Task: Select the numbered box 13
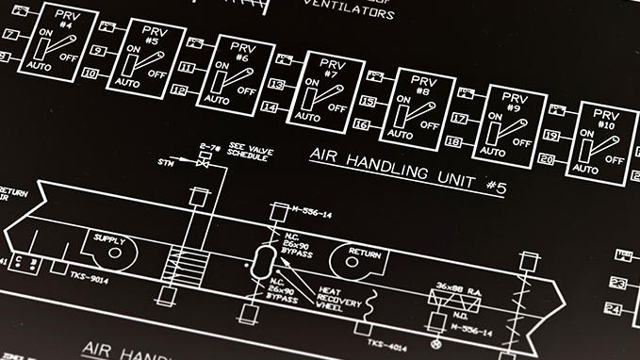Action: coord(275,84)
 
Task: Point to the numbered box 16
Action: coord(361,124)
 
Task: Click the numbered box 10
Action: coord(90,73)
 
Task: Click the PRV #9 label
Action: coord(512,102)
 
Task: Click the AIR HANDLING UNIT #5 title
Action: coord(407,169)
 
